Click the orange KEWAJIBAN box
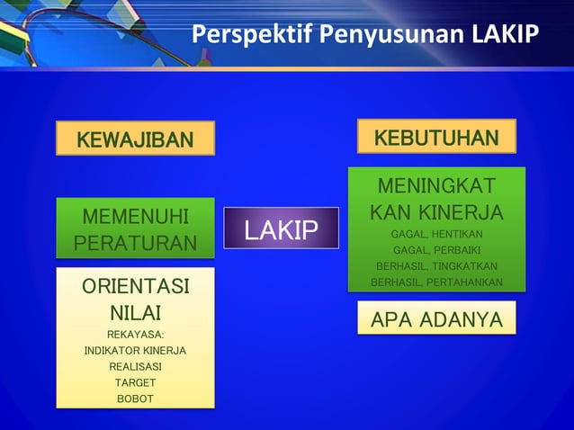(x=135, y=139)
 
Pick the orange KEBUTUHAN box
(x=436, y=137)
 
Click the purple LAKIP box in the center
(x=281, y=229)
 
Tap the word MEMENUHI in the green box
(x=135, y=217)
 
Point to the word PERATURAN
(x=135, y=243)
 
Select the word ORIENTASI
(x=135, y=288)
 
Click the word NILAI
(x=135, y=314)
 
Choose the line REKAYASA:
(x=135, y=336)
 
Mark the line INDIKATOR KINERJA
(x=135, y=351)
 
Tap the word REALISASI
(x=135, y=367)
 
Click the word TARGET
(x=135, y=382)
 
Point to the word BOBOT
(x=135, y=399)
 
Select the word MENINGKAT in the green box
(x=436, y=186)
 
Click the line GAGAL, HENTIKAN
(x=436, y=234)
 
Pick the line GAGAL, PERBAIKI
(x=436, y=250)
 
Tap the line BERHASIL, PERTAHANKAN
(x=436, y=282)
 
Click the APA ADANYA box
(x=436, y=319)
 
